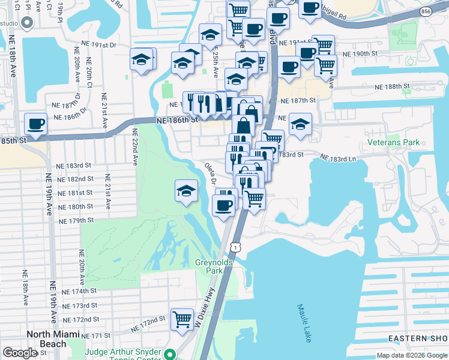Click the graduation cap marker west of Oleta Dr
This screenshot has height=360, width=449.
click(x=187, y=191)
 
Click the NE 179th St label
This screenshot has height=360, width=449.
click(x=77, y=220)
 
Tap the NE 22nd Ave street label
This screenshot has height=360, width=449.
click(x=135, y=146)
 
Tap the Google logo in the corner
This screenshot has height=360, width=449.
click(x=20, y=353)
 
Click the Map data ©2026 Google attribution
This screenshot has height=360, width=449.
click(x=412, y=355)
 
